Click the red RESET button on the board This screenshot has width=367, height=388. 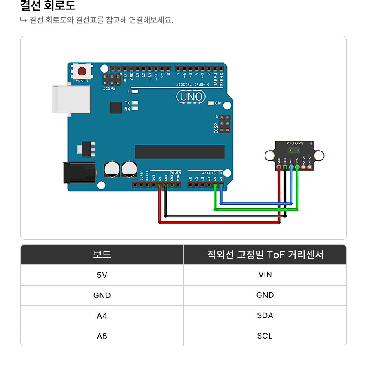click(x=82, y=71)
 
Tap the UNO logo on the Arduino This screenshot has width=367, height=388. click(x=190, y=97)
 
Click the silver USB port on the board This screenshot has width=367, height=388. click(x=71, y=99)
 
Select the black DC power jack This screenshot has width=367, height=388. click(x=79, y=173)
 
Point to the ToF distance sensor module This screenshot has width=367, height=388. click(x=294, y=155)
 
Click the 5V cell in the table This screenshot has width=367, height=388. click(x=102, y=275)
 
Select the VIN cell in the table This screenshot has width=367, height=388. click(x=265, y=275)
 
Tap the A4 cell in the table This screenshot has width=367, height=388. click(x=102, y=316)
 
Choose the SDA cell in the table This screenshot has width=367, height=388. click(x=265, y=315)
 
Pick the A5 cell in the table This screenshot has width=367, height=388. click(x=102, y=336)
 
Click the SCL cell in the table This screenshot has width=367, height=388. click(x=265, y=336)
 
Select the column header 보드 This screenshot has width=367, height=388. click(x=102, y=255)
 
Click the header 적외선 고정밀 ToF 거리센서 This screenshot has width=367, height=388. click(x=265, y=255)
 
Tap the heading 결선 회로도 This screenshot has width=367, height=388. click(x=48, y=6)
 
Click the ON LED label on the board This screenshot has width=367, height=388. click(x=218, y=103)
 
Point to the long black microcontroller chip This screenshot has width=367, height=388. click(x=179, y=152)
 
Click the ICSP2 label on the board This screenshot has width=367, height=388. click(x=109, y=88)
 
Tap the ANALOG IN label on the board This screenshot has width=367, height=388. click(x=212, y=173)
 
